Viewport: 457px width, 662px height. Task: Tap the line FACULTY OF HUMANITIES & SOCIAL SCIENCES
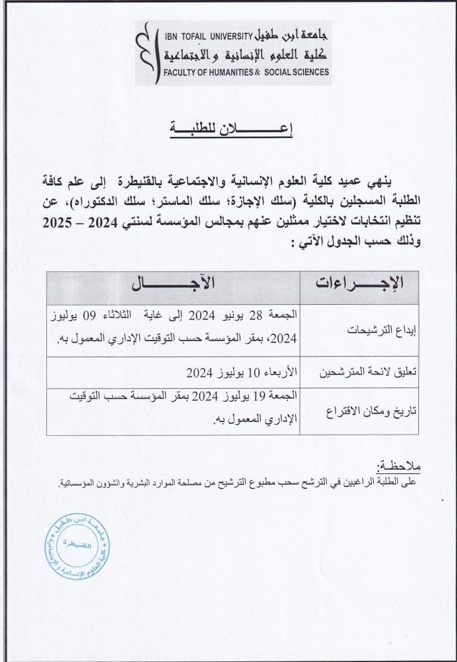click(x=246, y=72)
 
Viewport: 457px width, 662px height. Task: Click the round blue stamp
click(x=77, y=544)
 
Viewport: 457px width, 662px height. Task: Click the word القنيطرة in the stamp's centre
click(x=77, y=544)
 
